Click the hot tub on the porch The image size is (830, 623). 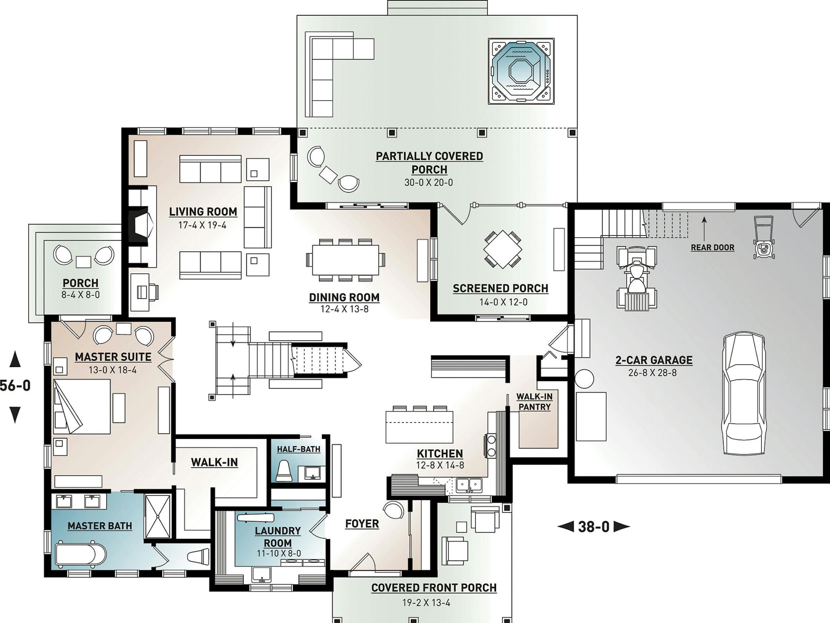click(521, 71)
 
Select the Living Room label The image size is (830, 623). click(203, 212)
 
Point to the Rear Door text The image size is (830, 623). click(712, 248)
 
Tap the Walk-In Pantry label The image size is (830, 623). click(535, 402)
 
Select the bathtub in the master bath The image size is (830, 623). click(81, 554)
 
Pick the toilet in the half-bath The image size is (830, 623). click(284, 471)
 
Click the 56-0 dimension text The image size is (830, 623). click(15, 385)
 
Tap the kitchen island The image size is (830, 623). click(419, 427)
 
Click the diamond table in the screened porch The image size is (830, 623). click(503, 249)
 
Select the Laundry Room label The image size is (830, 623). click(278, 537)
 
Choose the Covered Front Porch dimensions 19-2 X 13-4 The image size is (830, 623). click(426, 603)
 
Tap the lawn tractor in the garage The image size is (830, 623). click(636, 279)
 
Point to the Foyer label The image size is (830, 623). click(362, 524)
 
